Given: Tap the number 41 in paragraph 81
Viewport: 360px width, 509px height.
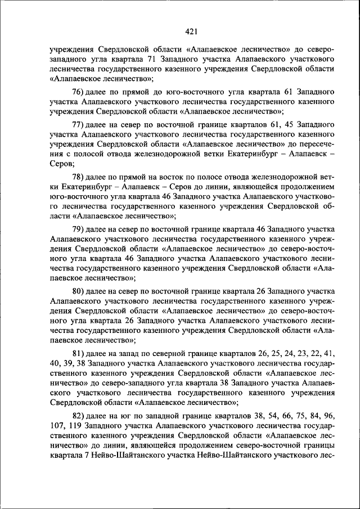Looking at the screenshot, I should pos(330,354).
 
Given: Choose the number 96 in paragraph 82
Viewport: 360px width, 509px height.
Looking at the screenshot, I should pos(329,416).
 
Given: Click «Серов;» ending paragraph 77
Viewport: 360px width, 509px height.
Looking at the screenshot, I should pos(61,164).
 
